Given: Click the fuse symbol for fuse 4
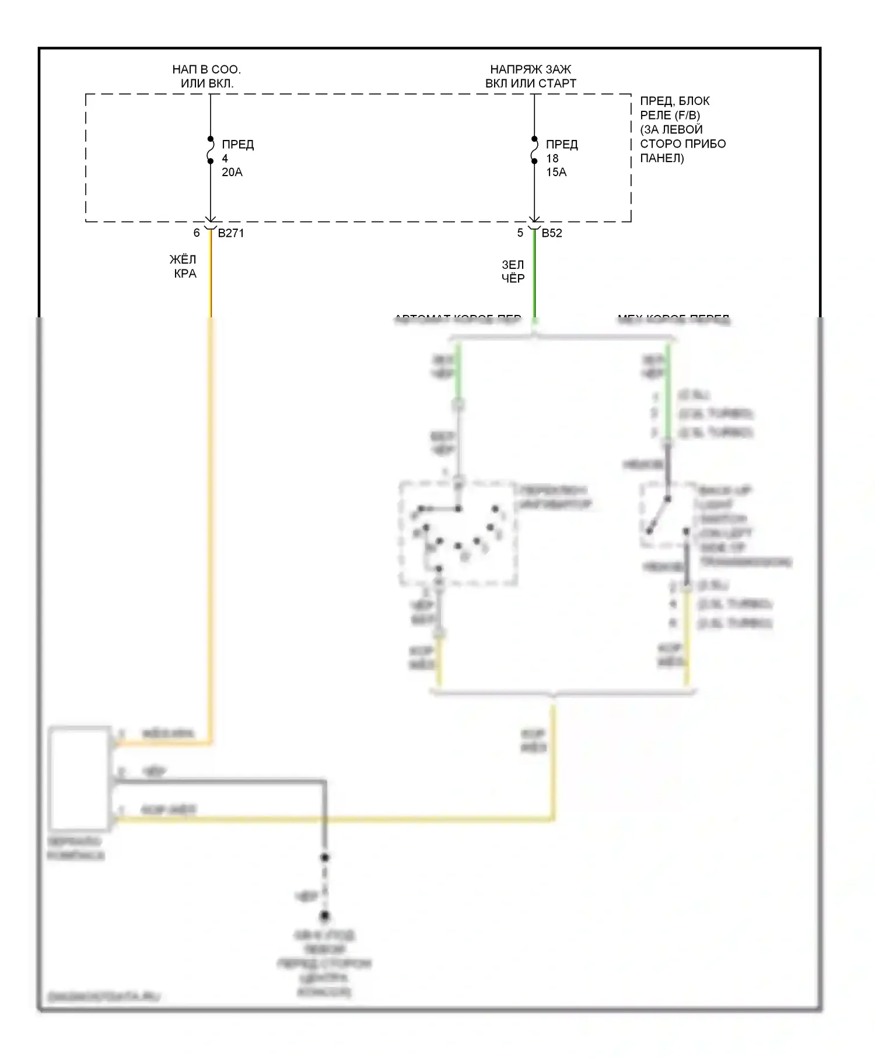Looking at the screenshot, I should [x=211, y=150].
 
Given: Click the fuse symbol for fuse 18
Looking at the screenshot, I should [x=534, y=150].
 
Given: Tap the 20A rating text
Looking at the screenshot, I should [x=232, y=173].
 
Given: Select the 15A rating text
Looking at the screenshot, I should [x=556, y=173].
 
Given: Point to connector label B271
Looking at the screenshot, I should [x=231, y=233].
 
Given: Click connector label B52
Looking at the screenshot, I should [x=552, y=233].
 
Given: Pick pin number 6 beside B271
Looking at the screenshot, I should [x=197, y=233].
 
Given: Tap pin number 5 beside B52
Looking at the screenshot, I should [x=520, y=233].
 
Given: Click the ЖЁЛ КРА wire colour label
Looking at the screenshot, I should [x=184, y=267].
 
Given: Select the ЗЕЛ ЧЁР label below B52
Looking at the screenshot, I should [x=513, y=272].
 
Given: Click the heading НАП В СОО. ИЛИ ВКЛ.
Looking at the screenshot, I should [x=206, y=76].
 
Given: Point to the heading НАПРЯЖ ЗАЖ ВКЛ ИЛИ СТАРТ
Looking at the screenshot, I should [x=531, y=76].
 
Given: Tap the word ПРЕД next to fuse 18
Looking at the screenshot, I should [x=562, y=144].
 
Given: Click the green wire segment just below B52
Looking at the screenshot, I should [x=534, y=274].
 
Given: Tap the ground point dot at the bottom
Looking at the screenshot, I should [x=325, y=916].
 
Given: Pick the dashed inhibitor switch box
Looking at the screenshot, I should [x=458, y=533].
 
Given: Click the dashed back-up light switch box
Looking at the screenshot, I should [x=668, y=516].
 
